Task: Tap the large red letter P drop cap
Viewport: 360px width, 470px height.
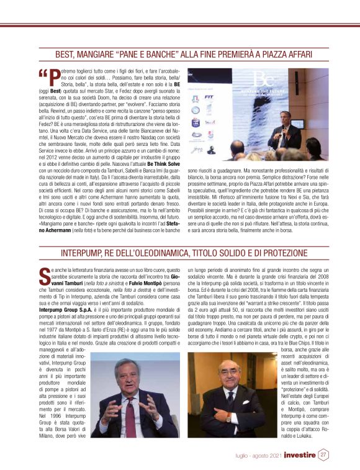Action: click(55, 77)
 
